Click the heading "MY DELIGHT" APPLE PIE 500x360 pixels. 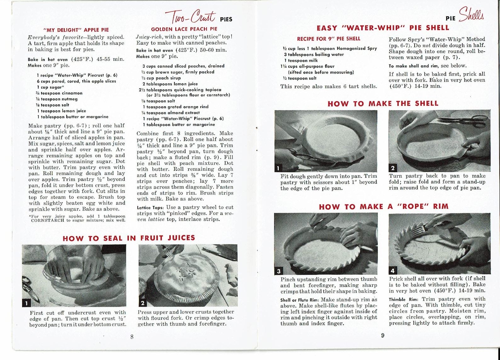(x=76, y=30)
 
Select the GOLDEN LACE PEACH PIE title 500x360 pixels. (x=184, y=29)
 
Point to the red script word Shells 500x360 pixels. (x=471, y=14)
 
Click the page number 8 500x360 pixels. (x=132, y=337)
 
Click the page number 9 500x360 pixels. (x=383, y=335)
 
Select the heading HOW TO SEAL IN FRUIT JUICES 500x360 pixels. (x=129, y=238)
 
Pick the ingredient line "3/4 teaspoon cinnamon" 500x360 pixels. (x=60, y=93)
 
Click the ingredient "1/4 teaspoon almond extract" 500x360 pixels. (x=171, y=113)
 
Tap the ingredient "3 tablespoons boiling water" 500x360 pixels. (x=314, y=54)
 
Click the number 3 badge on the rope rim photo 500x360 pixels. (x=279, y=271)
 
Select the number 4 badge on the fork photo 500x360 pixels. (x=393, y=270)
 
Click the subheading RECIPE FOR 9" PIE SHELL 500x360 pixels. (x=329, y=39)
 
